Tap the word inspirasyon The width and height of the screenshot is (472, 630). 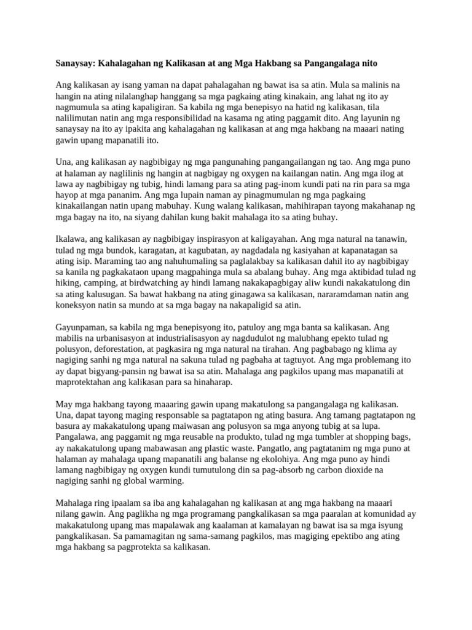point(204,239)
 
